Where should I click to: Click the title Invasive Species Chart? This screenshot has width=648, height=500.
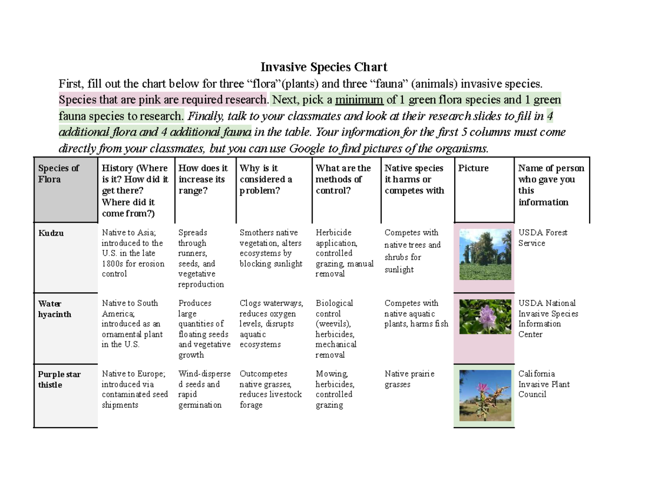324,67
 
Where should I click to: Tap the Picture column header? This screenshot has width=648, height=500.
474,168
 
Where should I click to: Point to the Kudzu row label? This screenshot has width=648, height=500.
51,234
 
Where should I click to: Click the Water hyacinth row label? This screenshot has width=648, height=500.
55,309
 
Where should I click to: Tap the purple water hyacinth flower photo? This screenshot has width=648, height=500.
484,317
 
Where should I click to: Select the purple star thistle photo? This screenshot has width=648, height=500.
484,395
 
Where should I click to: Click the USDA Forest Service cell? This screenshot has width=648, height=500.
543,238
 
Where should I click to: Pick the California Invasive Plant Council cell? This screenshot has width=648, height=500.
544,384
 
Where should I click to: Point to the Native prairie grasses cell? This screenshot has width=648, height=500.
409,379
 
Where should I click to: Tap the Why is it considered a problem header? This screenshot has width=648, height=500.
266,179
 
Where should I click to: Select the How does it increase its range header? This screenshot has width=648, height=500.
203,179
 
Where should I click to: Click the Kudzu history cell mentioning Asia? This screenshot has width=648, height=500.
132,253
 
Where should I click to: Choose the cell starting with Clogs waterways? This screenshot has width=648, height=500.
271,324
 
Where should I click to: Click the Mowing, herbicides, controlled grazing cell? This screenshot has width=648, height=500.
335,389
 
